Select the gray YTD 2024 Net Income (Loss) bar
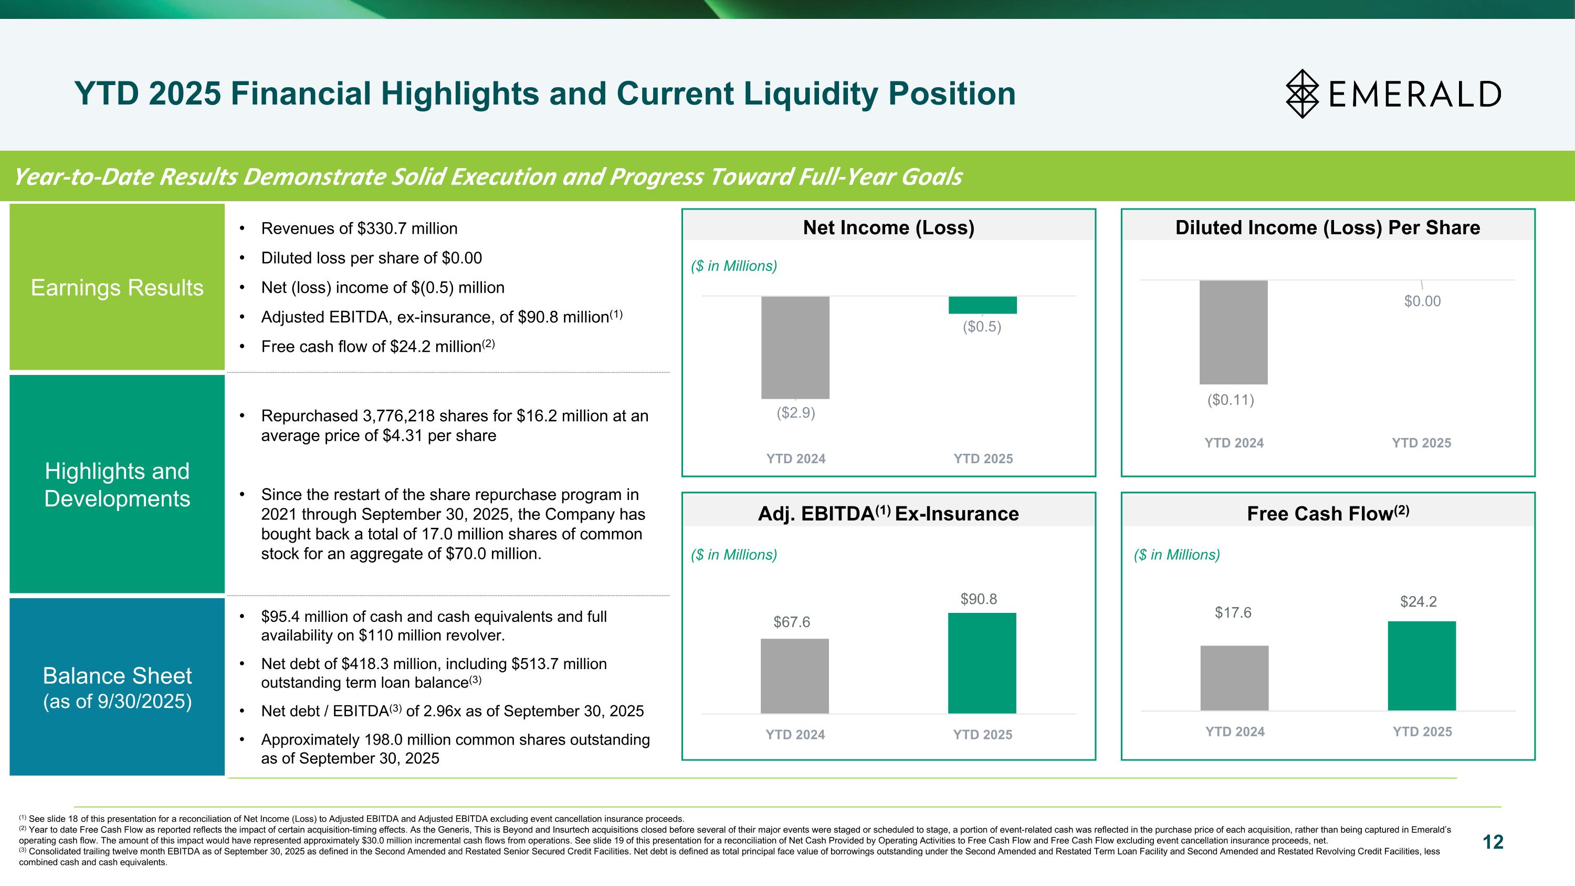(x=795, y=347)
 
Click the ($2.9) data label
(x=795, y=413)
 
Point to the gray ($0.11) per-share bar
(x=1233, y=332)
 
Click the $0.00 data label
(x=1422, y=301)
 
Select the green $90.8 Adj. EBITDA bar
(x=982, y=663)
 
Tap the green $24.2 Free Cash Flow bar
(x=1422, y=665)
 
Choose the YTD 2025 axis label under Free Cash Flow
(x=1422, y=731)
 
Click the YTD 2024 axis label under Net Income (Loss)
(x=795, y=458)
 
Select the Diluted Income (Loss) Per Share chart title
(x=1327, y=227)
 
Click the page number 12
(x=1493, y=842)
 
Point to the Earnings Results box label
(x=117, y=287)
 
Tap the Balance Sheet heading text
(x=117, y=675)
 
